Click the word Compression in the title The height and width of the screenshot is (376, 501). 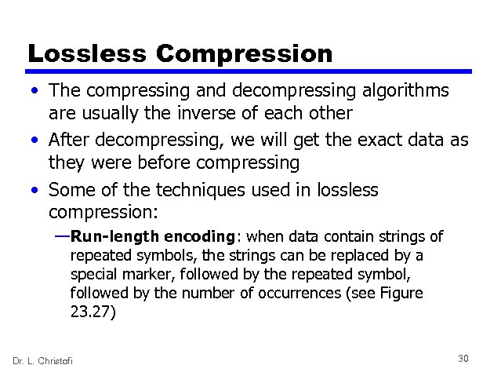tap(244, 55)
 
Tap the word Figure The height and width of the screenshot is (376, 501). tap(400, 294)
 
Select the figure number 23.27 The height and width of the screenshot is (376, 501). tap(92, 311)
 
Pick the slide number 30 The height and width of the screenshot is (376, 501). tap(463, 359)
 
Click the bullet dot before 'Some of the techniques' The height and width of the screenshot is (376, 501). tap(37, 191)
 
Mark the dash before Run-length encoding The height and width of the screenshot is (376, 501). tap(62, 236)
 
